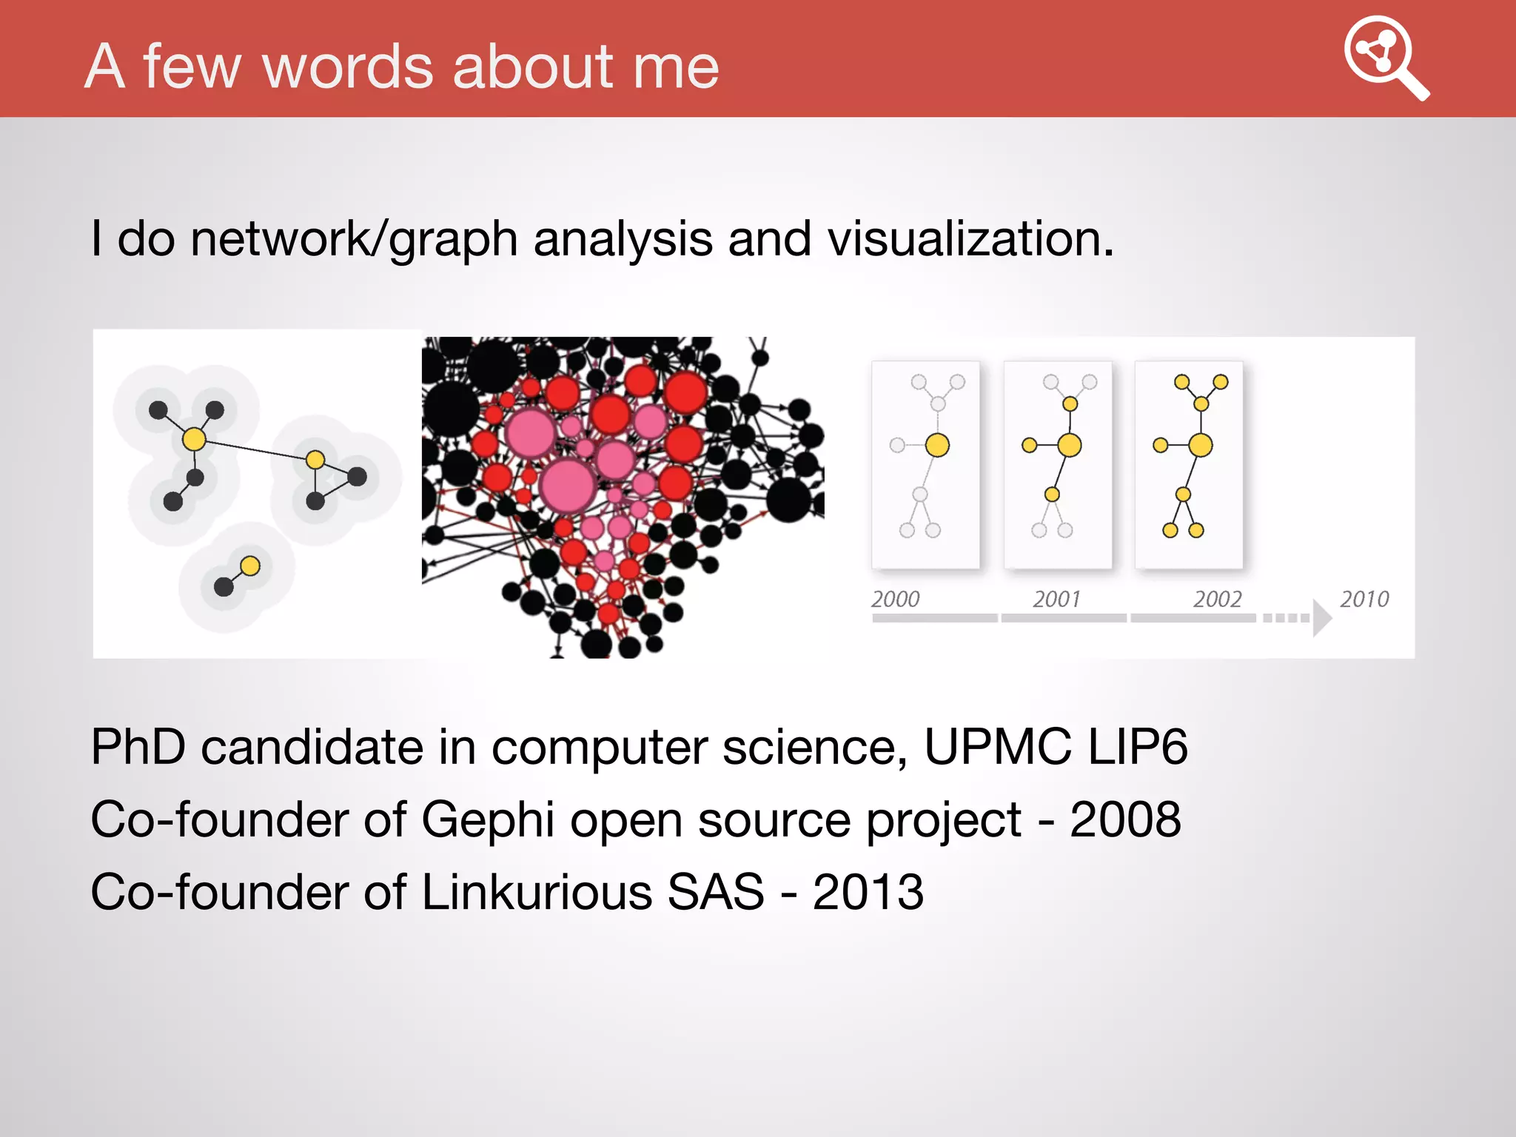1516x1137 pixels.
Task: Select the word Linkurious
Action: coord(536,892)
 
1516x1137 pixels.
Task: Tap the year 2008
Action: coord(1125,820)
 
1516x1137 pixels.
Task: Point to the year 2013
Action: coord(868,892)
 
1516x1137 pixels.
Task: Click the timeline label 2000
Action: coord(895,599)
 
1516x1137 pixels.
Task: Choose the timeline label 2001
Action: coord(1056,599)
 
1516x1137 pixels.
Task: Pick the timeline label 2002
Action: coord(1217,599)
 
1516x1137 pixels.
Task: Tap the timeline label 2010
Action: coord(1364,599)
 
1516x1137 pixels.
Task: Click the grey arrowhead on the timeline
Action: coord(1321,617)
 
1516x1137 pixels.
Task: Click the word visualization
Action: coord(970,239)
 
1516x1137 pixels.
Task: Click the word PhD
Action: coord(138,747)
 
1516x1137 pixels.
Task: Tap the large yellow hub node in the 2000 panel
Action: coord(937,445)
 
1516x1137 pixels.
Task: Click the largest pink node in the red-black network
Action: coord(568,486)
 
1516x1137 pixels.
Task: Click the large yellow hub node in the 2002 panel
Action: coord(1201,445)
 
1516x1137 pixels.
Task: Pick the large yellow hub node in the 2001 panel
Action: coord(1070,445)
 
